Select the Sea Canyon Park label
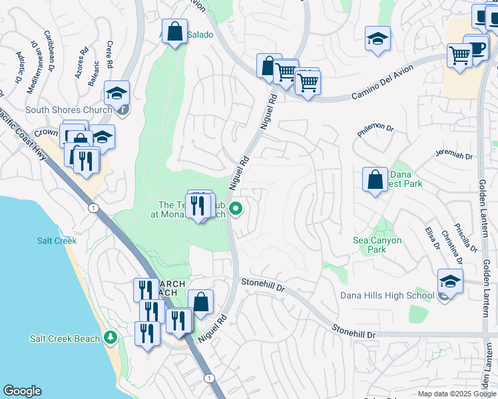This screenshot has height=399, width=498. coord(377,245)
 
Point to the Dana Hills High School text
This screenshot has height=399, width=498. coord(387,295)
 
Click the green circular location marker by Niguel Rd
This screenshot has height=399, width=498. coord(236,209)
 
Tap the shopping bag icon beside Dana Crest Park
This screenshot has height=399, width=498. coord(375,180)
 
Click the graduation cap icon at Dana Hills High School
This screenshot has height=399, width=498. coord(451,282)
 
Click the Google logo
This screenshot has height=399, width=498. coord(22,391)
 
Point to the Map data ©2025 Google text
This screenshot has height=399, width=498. coord(457,394)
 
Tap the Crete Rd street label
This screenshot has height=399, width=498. coord(109,55)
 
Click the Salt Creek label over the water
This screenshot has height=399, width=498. coord(57,241)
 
